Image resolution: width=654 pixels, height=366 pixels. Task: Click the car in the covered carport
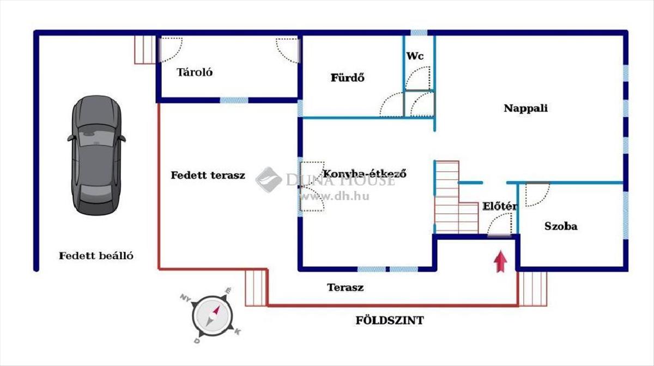(96, 154)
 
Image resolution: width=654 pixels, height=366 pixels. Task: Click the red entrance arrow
(499, 261)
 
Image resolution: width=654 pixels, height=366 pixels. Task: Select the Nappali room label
(525, 108)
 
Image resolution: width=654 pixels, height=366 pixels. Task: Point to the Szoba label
(561, 226)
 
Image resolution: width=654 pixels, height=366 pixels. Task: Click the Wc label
(414, 56)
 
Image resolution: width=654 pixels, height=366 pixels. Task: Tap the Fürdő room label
(348, 77)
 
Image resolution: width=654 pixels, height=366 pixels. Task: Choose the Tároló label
(195, 72)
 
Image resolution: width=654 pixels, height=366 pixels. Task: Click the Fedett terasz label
(208, 175)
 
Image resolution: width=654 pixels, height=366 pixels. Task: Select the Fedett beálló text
(96, 255)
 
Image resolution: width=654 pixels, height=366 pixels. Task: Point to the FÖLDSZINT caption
(389, 320)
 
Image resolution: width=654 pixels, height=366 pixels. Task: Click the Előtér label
(499, 206)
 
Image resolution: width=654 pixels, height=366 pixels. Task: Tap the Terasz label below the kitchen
(345, 287)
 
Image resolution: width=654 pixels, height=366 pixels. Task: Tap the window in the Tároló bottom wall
(235, 100)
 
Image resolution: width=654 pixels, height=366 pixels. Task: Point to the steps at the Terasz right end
(532, 289)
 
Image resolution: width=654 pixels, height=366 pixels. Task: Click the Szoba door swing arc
(537, 193)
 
